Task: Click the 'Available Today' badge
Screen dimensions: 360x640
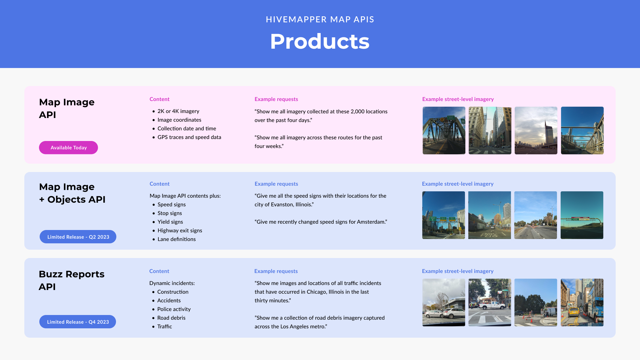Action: pyautogui.click(x=68, y=148)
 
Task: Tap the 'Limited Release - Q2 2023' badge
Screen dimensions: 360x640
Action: pyautogui.click(x=78, y=237)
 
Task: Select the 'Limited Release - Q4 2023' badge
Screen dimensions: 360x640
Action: pyautogui.click(x=78, y=322)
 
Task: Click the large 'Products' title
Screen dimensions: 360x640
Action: pyautogui.click(x=320, y=42)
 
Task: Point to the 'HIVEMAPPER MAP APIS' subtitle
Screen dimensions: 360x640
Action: pyautogui.click(x=320, y=19)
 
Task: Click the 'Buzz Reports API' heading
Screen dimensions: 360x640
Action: pyautogui.click(x=71, y=280)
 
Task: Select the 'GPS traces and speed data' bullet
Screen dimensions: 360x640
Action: pyautogui.click(x=189, y=137)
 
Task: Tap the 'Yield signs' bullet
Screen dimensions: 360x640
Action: pyautogui.click(x=170, y=222)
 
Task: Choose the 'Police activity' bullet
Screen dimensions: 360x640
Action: pyautogui.click(x=174, y=309)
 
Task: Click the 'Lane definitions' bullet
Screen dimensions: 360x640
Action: pyautogui.click(x=176, y=239)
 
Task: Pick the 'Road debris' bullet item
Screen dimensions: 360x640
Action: pyautogui.click(x=171, y=318)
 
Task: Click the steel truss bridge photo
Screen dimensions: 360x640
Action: pyautogui.click(x=444, y=130)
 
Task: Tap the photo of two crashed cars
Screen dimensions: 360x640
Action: pyautogui.click(x=444, y=302)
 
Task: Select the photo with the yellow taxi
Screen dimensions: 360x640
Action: pyautogui.click(x=582, y=302)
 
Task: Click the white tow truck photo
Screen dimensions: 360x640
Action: pyautogui.click(x=490, y=302)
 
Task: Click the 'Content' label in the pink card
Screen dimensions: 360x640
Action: pyautogui.click(x=159, y=99)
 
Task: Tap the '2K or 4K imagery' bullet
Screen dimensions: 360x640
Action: pyautogui.click(x=178, y=111)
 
